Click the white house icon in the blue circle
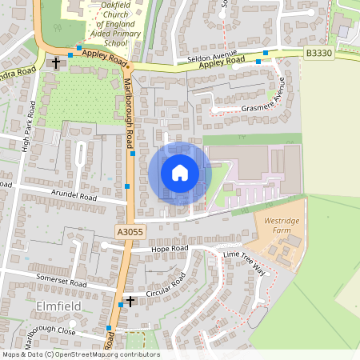180,172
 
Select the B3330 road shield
319,54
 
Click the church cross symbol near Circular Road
130,301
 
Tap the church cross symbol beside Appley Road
56,62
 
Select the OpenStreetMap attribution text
81,354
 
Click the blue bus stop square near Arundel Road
127,186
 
